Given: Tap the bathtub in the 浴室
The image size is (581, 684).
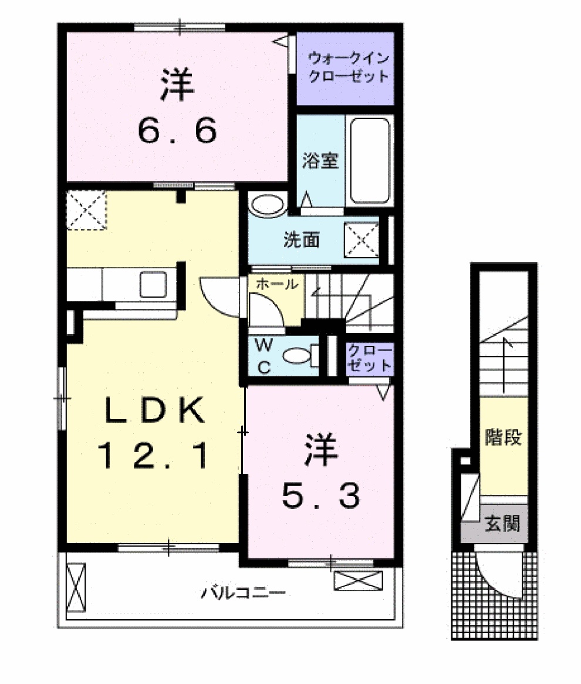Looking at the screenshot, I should pos(369,160).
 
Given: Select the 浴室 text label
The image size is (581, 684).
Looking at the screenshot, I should pos(320,161).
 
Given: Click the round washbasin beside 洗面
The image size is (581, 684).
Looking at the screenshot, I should pos(265,205).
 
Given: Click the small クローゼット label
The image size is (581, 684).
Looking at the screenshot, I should pos(369,358).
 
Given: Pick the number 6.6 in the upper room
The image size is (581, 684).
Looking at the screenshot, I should pos(178,131).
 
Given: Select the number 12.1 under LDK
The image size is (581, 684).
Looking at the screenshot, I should pos(153,456).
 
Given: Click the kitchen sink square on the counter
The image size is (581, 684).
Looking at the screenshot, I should pos(153,284).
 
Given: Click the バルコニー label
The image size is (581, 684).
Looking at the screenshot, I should pos(243,593).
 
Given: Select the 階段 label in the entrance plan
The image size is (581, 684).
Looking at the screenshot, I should pos(503,437).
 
